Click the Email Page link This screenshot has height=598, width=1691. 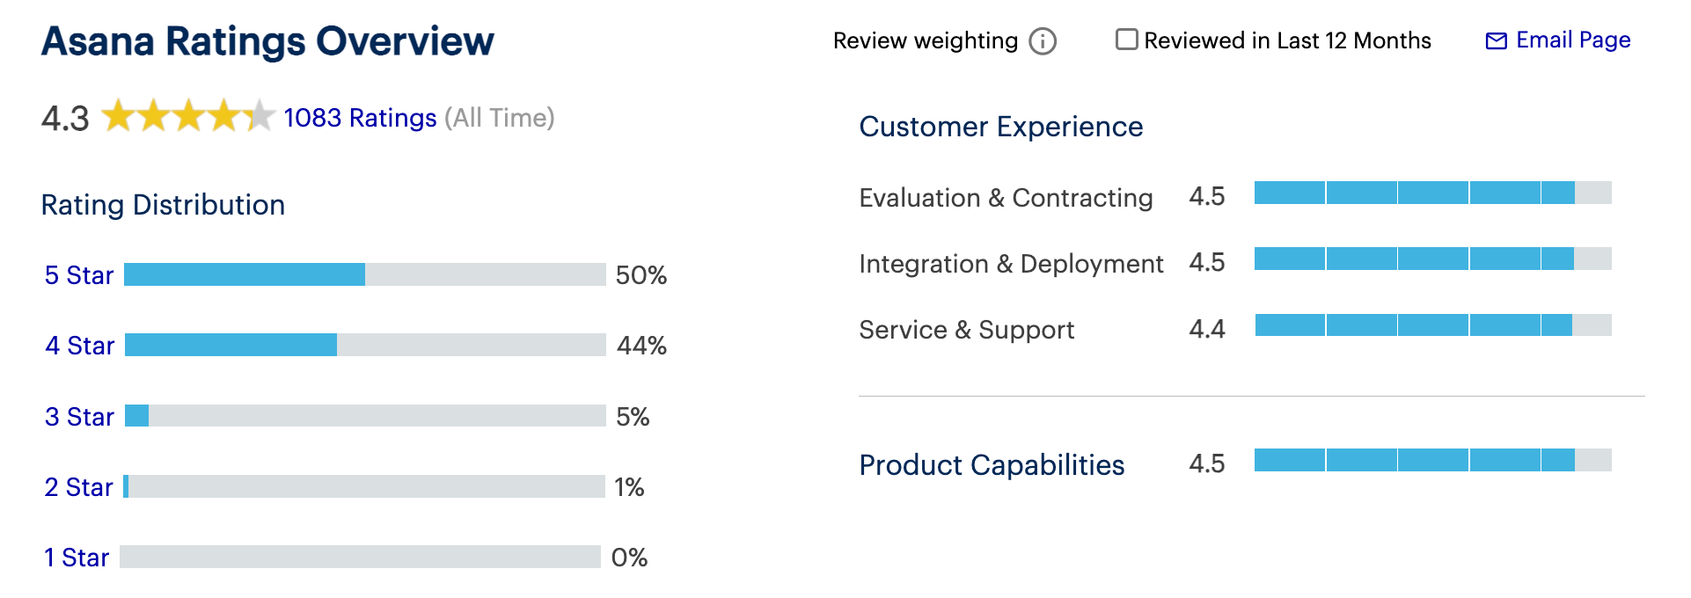click(x=1558, y=40)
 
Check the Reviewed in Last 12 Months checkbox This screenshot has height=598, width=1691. click(x=1126, y=40)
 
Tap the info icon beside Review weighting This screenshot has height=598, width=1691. click(x=1043, y=41)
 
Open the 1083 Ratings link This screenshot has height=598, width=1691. click(x=360, y=118)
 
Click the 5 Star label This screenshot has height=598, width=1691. click(x=79, y=275)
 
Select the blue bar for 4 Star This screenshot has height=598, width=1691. click(x=231, y=345)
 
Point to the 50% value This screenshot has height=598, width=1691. click(x=641, y=275)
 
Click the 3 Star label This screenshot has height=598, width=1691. click(x=79, y=417)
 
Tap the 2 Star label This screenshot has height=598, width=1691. click(x=79, y=487)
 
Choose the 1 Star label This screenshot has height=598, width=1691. click(x=77, y=558)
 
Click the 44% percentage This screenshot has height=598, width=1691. click(x=641, y=346)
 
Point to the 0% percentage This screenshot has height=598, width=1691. click(x=629, y=558)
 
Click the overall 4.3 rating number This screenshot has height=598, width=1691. click(x=65, y=119)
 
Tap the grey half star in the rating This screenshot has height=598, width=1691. click(x=260, y=116)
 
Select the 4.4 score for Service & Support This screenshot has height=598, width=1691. click(x=1206, y=329)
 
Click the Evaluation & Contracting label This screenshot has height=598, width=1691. click(x=1006, y=198)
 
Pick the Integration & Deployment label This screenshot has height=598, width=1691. click(x=1011, y=264)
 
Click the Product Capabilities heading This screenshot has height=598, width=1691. click(x=992, y=464)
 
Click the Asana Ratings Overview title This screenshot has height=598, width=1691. click(x=267, y=41)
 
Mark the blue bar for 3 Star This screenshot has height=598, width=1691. click(x=137, y=415)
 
